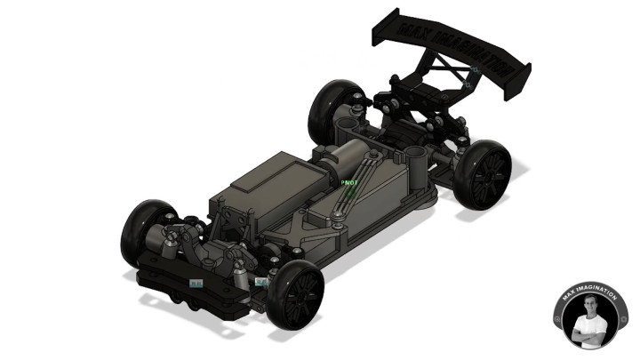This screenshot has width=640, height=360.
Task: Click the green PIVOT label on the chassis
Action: click(349, 182)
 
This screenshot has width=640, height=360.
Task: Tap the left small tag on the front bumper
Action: click(196, 284)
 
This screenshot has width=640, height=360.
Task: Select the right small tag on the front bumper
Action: click(260, 282)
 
